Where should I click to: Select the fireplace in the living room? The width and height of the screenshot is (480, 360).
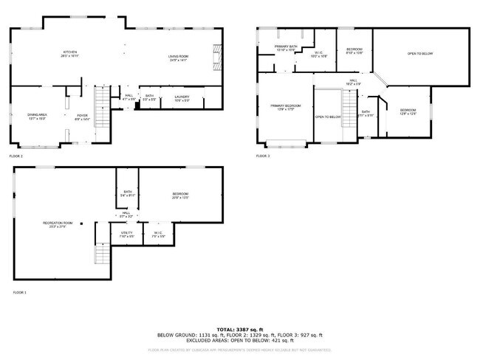tap(216, 56)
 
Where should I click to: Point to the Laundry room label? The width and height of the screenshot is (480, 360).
tap(182, 97)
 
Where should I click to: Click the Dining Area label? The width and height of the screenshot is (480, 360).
tap(37, 117)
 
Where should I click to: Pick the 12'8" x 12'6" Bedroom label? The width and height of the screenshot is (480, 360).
tap(408, 111)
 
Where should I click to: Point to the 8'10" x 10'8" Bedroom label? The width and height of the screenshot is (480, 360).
tap(354, 51)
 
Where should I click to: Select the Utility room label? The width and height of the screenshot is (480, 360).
tap(127, 235)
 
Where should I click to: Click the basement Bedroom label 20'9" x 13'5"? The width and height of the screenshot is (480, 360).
tap(181, 195)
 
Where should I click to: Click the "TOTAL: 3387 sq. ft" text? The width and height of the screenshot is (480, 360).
tap(240, 329)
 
